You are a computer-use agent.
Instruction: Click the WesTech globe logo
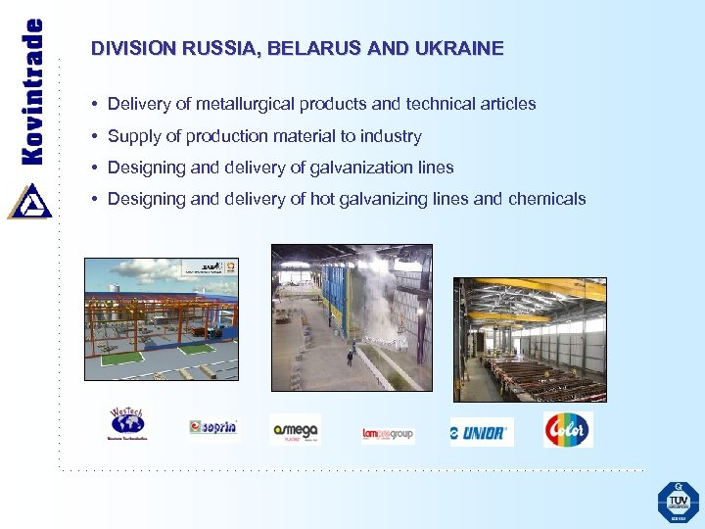126,424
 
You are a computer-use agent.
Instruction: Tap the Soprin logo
212,428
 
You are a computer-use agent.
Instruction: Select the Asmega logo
295,429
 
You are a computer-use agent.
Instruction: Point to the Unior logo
481,431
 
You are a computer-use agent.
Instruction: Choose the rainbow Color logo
568,429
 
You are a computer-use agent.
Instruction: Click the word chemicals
546,199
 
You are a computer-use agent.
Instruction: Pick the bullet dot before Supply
95,136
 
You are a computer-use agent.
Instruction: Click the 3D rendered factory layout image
161,318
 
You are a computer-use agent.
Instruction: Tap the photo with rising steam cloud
352,317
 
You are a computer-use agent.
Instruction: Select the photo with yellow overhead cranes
529,339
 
